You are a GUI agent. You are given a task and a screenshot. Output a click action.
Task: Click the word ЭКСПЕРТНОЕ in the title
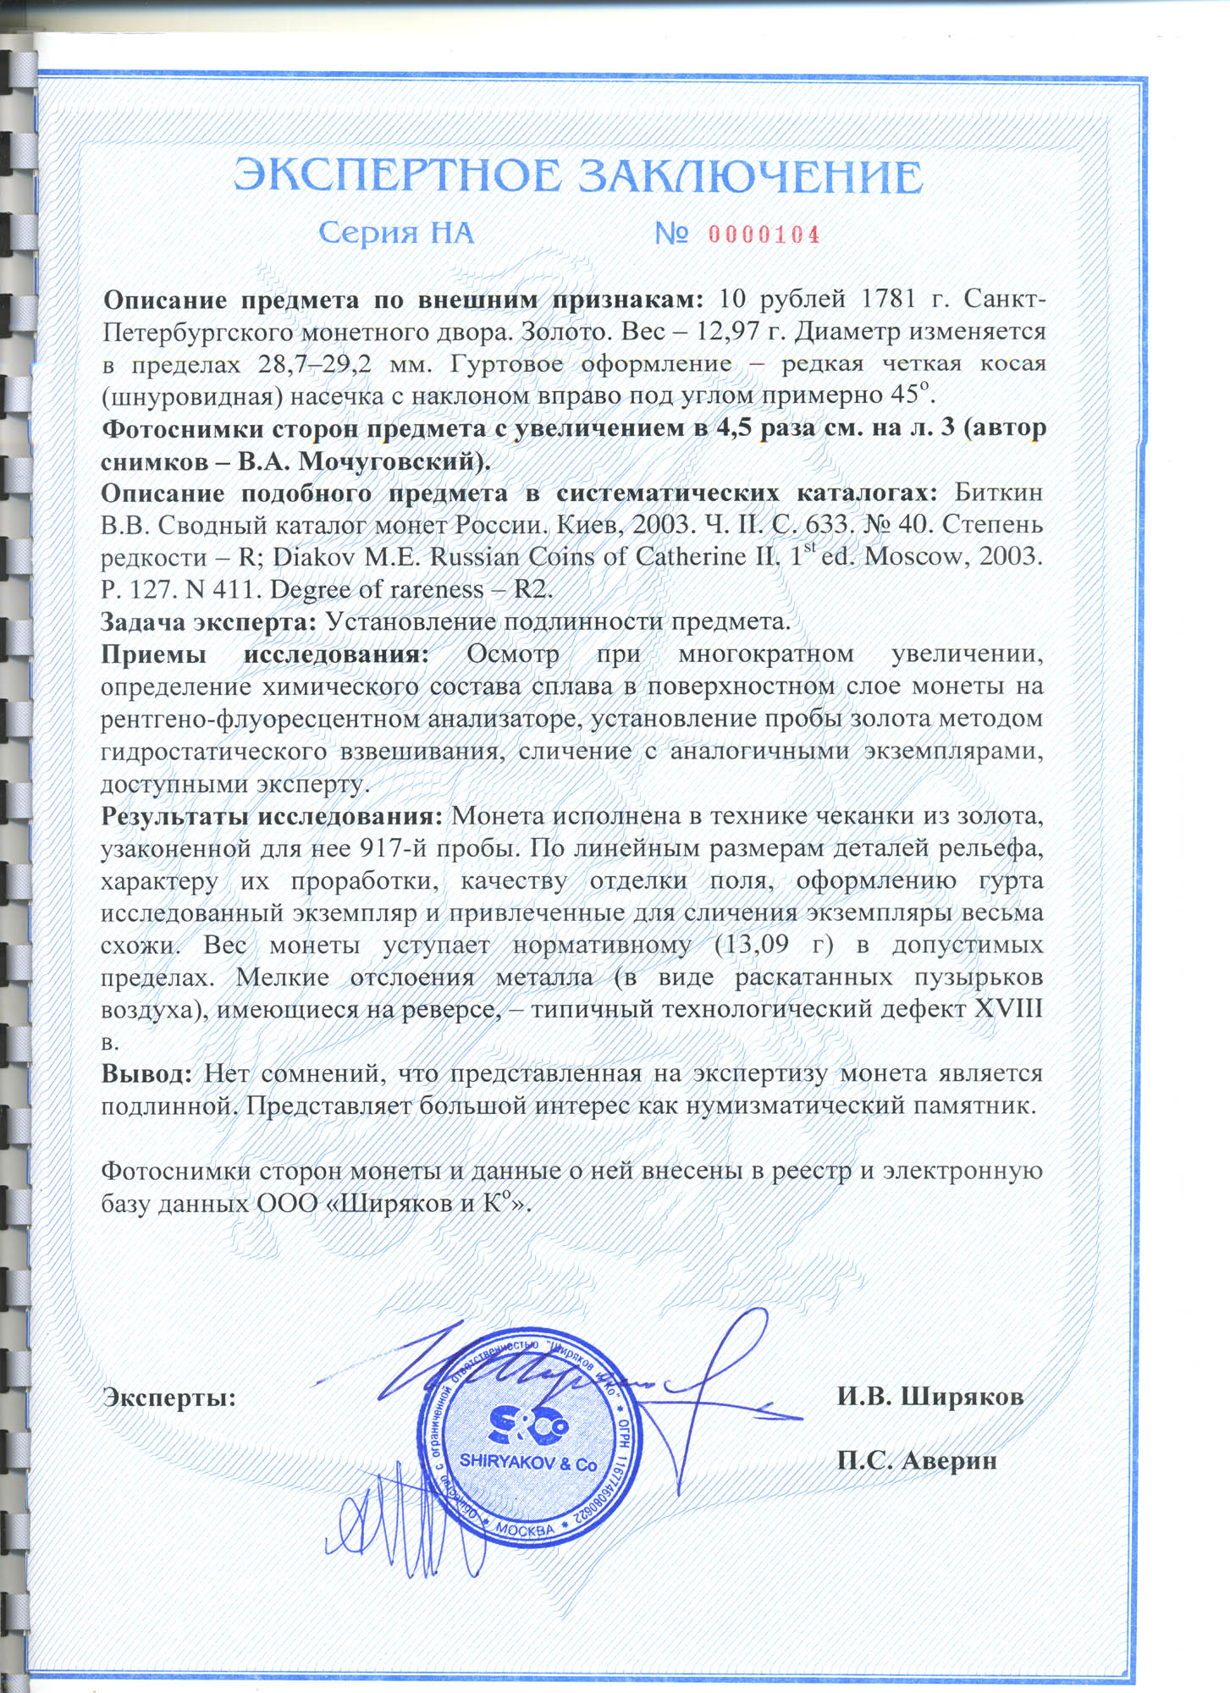pos(398,177)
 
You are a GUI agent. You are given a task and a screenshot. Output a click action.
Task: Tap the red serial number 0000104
pos(764,234)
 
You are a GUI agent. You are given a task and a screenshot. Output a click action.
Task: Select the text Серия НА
pos(396,233)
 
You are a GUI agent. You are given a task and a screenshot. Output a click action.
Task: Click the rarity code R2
pos(532,589)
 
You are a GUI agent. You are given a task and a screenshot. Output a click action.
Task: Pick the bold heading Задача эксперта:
pos(208,621)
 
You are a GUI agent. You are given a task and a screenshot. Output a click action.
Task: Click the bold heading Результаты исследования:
pos(272,816)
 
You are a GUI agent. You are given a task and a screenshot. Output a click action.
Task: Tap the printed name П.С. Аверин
pos(916,1460)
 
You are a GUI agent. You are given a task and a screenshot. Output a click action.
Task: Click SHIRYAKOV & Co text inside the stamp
pos(528,1463)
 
